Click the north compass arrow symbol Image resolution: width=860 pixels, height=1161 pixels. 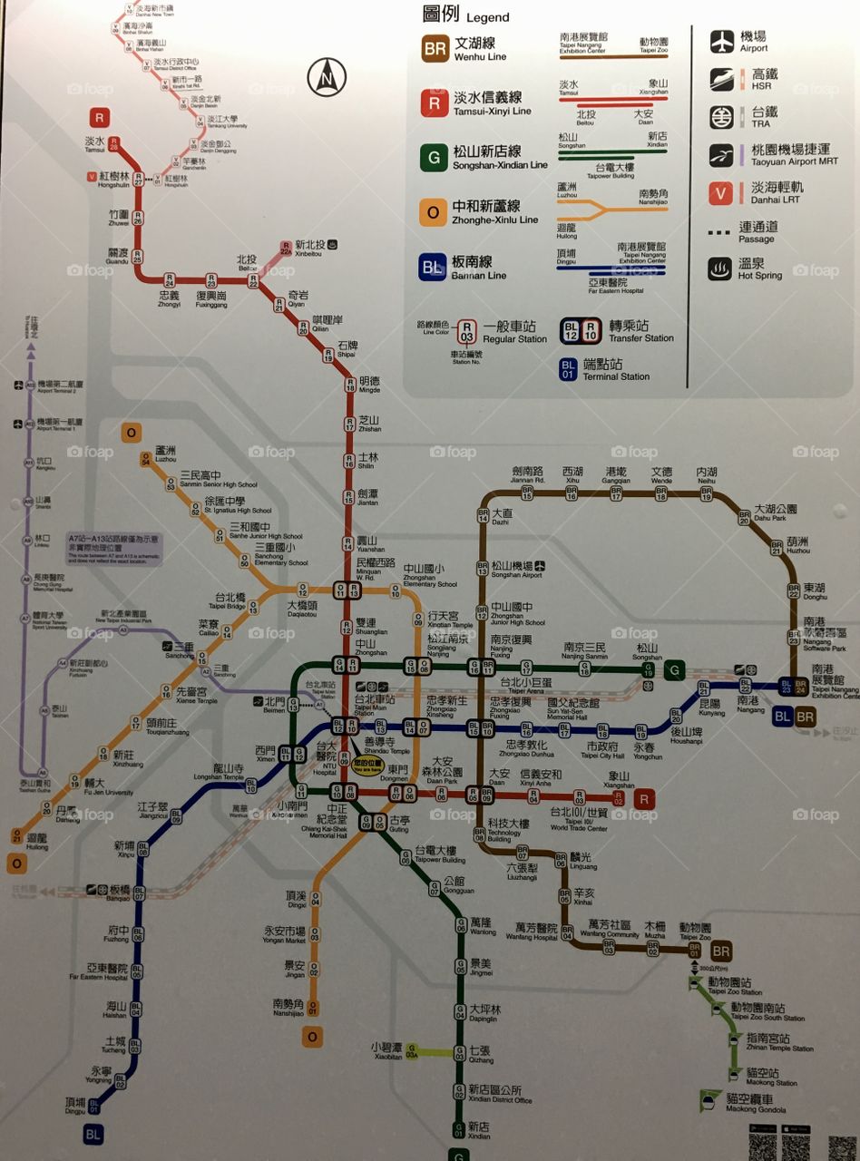pyautogui.click(x=327, y=76)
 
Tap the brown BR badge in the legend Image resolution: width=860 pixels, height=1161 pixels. pyautogui.click(x=434, y=49)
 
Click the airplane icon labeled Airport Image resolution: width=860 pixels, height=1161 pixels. pyautogui.click(x=722, y=42)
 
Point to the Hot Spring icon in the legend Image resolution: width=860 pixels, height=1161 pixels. pyautogui.click(x=722, y=268)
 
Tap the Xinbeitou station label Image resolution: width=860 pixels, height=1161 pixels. pyautogui.click(x=310, y=249)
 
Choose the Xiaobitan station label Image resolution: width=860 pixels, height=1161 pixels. pyautogui.click(x=386, y=1049)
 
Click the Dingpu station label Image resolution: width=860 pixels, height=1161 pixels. pyautogui.click(x=75, y=1105)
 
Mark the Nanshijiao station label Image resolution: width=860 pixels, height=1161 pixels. pyautogui.click(x=288, y=1008)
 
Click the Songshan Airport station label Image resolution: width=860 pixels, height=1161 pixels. pyautogui.click(x=517, y=570)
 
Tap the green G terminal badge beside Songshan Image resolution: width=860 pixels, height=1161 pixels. pyautogui.click(x=674, y=671)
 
